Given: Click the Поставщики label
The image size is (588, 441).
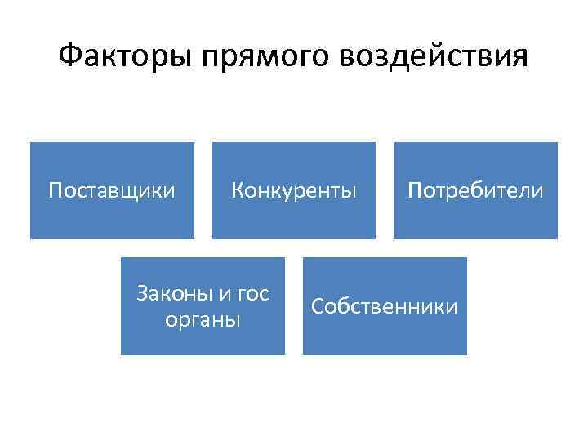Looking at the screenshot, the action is tap(112, 191).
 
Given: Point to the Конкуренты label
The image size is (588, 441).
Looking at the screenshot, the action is tap(294, 191).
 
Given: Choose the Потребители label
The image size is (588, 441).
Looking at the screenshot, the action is tap(475, 191).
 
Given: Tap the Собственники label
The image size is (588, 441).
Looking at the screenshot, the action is tap(385, 307).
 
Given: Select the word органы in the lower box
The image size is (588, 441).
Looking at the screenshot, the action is tap(203, 319).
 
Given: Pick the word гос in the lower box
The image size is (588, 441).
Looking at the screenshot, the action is tap(252, 294).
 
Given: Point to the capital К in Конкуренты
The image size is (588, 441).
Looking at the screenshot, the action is tap(237, 191).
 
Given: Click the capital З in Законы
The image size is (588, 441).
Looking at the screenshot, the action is tap(142, 294).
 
